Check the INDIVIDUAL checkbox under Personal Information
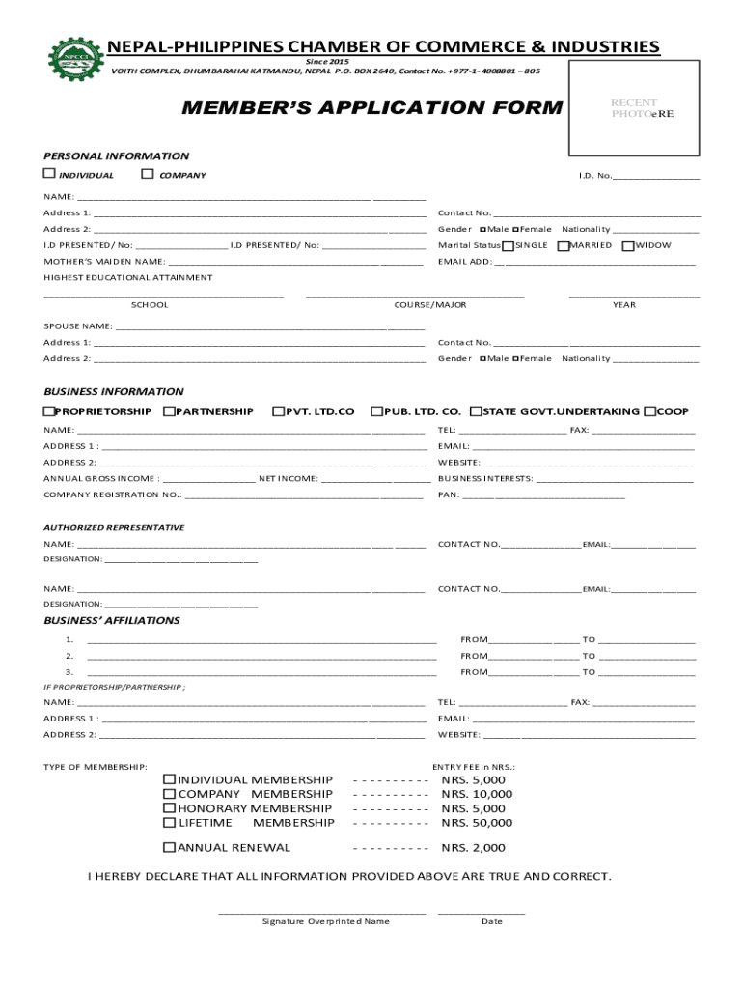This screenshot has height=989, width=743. tap(49, 174)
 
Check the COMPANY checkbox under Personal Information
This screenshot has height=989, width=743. tap(148, 174)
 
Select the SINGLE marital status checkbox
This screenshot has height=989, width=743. tap(509, 245)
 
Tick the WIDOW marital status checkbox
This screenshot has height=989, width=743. tap(628, 245)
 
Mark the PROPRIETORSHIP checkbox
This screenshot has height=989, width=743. tap(49, 411)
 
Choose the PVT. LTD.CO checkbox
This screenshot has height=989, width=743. tap(279, 411)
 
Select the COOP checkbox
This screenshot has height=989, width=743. tap(650, 411)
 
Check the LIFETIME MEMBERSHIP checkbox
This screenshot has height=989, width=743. tap(170, 823)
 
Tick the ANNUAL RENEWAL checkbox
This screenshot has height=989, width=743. tap(170, 848)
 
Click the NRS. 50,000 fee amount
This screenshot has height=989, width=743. tap(477, 823)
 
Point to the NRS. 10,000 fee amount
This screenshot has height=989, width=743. tap(477, 794)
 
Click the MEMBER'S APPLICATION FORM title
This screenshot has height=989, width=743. tap(371, 107)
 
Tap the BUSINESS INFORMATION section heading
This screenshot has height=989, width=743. tap(114, 391)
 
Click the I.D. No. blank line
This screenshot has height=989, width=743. tap(656, 176)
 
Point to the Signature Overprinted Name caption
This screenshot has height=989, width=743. tap(326, 921)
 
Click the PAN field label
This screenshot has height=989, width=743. tap(448, 494)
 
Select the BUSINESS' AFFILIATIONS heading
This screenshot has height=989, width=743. tap(112, 620)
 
